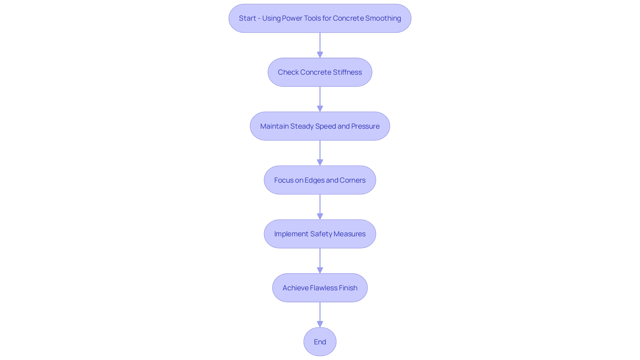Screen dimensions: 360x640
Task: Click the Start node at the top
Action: tap(320, 18)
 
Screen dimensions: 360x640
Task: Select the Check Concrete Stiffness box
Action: tap(320, 72)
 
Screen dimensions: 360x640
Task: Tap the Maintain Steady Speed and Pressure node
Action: tap(320, 126)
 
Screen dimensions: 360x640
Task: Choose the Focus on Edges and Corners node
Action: tap(320, 180)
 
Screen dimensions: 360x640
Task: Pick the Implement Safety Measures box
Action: tap(320, 234)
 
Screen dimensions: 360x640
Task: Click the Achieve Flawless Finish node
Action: tap(320, 288)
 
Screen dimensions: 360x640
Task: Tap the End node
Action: tap(320, 342)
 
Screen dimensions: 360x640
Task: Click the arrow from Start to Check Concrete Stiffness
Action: tap(320, 45)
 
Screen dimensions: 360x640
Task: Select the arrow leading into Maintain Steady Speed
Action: tap(320, 99)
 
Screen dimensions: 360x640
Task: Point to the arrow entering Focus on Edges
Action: tap(320, 153)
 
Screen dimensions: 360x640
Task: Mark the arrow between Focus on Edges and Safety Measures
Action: tap(320, 207)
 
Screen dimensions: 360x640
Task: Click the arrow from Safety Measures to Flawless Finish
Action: tap(320, 261)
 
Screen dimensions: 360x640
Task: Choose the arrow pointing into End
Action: tap(320, 315)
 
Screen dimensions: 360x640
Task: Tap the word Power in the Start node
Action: tap(290, 18)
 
